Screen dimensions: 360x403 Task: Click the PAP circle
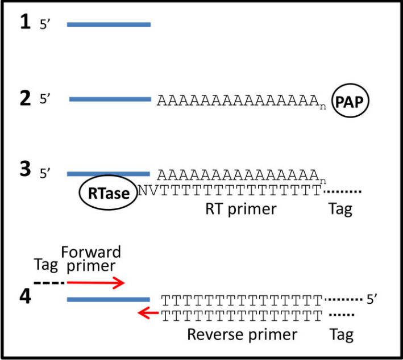[x=350, y=101]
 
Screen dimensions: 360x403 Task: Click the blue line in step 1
[x=109, y=24]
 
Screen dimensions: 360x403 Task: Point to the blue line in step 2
[x=110, y=99]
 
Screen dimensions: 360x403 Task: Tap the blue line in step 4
[x=109, y=299]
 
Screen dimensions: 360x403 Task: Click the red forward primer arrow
[x=96, y=282]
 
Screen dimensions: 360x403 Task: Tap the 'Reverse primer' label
[x=242, y=334]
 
